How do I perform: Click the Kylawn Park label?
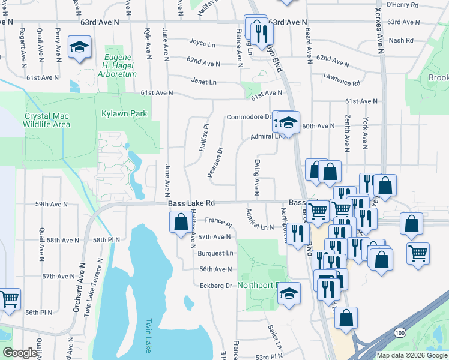124,113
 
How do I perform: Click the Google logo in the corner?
20,353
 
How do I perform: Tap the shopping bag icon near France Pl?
181,223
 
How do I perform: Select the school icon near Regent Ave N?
79,47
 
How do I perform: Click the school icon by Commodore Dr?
288,123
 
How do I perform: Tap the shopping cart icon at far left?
8,299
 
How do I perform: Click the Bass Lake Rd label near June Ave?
191,203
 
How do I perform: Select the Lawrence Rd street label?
342,78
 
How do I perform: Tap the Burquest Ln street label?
215,253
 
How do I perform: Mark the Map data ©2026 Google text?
412,355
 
